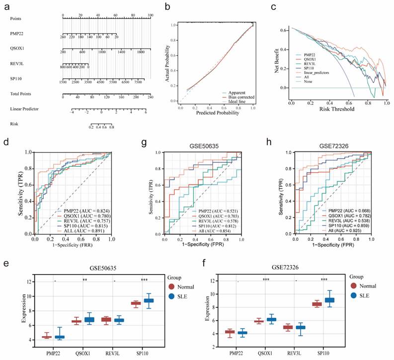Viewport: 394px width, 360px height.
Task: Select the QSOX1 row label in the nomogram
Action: [17, 49]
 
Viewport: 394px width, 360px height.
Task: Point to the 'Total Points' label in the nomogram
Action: [21, 93]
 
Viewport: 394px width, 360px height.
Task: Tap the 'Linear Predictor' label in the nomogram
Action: [24, 108]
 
